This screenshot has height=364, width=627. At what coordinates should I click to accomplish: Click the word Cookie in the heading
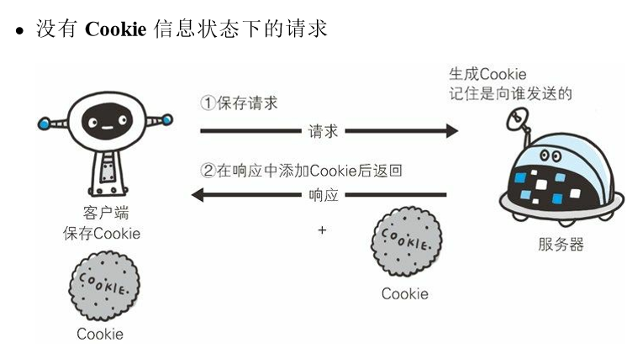(116, 29)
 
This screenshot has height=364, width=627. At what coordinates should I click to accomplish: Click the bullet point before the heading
(17, 32)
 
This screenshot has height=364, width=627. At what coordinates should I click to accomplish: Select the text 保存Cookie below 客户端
(101, 233)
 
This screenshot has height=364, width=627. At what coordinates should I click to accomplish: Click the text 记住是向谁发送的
(510, 94)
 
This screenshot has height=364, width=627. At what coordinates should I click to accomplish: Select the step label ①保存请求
(239, 103)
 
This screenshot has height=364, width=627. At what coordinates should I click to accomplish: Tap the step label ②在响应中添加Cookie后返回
(302, 171)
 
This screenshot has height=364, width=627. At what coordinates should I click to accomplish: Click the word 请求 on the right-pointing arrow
(324, 131)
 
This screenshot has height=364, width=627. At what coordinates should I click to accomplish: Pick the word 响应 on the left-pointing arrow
(324, 196)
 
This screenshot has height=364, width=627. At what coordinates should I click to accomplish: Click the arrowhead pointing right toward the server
(451, 131)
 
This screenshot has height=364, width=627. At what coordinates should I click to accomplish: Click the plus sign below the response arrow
(321, 229)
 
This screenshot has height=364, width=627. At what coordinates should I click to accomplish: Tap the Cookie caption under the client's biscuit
(100, 334)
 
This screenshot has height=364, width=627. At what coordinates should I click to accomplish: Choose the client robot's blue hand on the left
(44, 125)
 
